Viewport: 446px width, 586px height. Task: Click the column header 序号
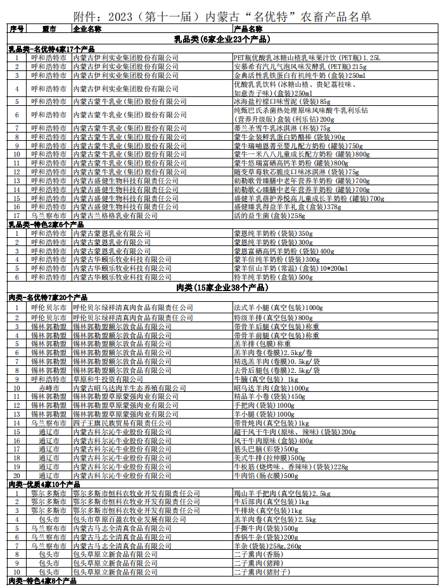tap(16, 29)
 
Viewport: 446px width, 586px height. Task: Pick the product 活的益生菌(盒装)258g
tap(270, 216)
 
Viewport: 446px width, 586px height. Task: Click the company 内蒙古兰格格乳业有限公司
tap(114, 216)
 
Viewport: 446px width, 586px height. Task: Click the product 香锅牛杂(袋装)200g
tap(265, 537)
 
